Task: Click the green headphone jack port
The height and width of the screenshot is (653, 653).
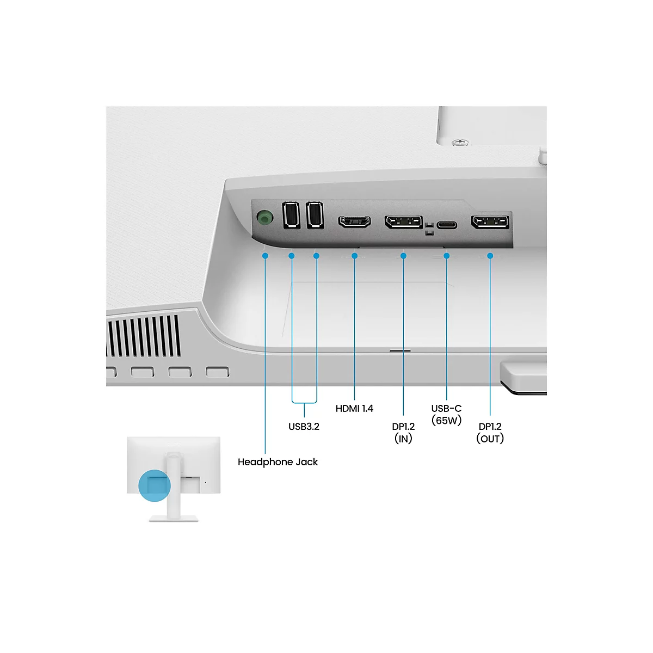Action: click(264, 218)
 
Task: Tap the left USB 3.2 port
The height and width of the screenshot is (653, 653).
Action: click(291, 215)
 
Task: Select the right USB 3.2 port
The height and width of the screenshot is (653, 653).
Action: click(315, 215)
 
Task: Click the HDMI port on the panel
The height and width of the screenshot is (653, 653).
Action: click(354, 221)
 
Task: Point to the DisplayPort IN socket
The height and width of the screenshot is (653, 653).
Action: click(403, 222)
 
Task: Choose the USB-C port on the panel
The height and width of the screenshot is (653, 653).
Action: click(447, 224)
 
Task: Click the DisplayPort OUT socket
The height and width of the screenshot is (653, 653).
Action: click(490, 222)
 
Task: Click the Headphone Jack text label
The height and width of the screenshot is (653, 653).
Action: click(278, 462)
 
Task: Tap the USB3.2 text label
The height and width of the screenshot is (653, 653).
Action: click(304, 427)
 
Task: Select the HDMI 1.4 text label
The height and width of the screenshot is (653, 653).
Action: click(354, 409)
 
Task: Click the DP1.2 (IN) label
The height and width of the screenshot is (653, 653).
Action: click(403, 433)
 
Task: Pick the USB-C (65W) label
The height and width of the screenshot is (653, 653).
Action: click(446, 415)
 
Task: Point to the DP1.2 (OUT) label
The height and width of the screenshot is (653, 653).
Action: click(490, 433)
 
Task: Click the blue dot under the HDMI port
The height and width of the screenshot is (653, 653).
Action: click(354, 256)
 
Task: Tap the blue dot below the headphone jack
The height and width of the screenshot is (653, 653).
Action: click(265, 256)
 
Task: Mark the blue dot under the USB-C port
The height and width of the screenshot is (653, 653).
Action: click(447, 256)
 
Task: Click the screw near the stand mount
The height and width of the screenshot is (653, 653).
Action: click(460, 143)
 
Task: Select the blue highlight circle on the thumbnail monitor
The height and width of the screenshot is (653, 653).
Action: click(155, 485)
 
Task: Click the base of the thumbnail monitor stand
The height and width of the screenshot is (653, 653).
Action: click(174, 518)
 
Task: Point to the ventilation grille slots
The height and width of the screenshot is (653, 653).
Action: click(144, 336)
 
